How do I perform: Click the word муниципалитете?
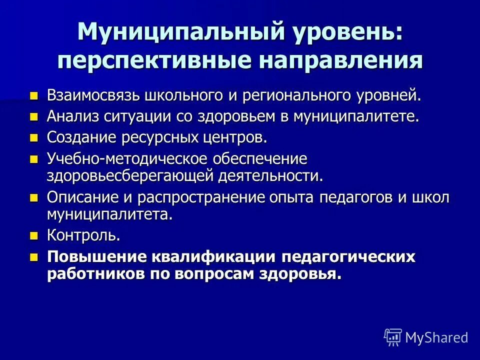(355, 116)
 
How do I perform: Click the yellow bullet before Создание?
(34, 137)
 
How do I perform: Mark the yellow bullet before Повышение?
(34, 257)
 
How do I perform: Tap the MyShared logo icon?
(393, 337)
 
